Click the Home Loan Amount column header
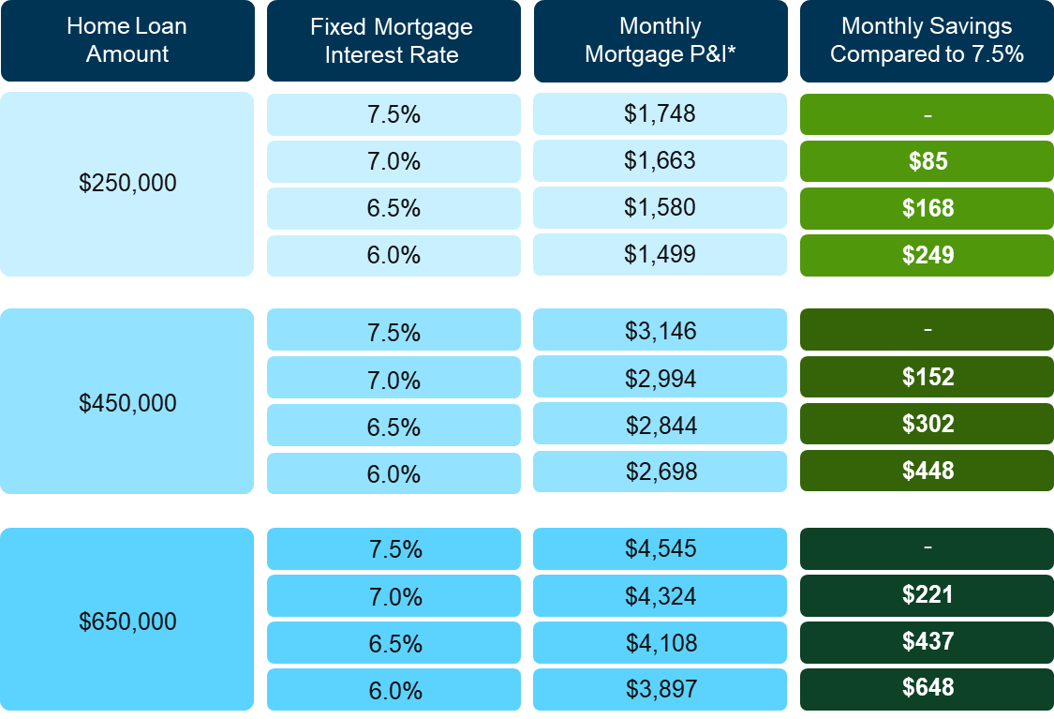tap(127, 41)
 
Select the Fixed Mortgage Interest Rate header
tap(393, 41)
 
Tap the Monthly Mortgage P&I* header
tap(660, 41)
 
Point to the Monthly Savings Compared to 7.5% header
tap(927, 41)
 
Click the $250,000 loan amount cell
tap(127, 184)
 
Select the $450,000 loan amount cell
tap(127, 403)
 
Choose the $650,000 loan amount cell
tap(127, 621)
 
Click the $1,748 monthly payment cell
tap(660, 114)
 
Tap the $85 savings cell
tap(927, 161)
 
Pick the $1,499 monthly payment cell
tap(660, 255)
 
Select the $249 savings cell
tap(927, 255)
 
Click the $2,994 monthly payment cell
tap(660, 378)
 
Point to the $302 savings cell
tap(927, 425)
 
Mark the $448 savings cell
tap(927, 472)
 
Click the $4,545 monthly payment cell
tap(660, 548)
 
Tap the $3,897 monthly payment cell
tap(660, 689)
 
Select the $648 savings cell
tap(927, 688)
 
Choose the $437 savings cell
tap(927, 642)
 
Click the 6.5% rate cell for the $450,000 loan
tap(393, 427)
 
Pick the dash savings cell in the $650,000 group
tap(927, 547)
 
